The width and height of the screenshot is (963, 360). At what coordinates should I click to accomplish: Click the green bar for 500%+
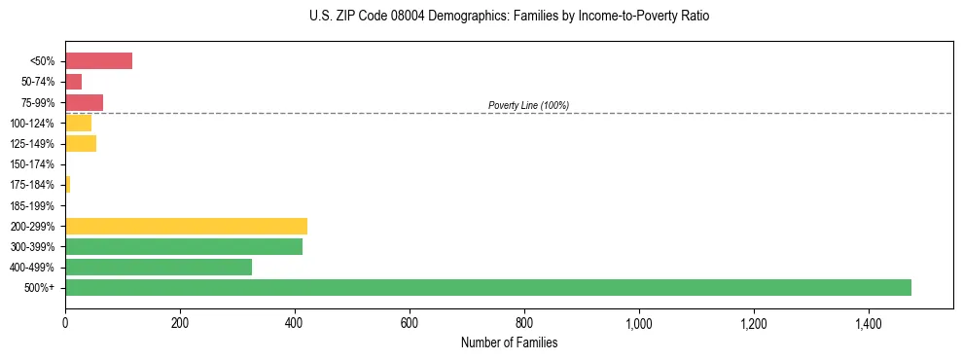tap(487, 287)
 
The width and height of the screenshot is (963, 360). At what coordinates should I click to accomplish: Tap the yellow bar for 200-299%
tap(186, 226)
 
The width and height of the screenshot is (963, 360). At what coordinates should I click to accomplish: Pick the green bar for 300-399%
tap(184, 246)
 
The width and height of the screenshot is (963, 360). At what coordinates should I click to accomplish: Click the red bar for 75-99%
tap(84, 102)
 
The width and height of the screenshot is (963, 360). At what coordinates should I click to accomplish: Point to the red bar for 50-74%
tap(73, 82)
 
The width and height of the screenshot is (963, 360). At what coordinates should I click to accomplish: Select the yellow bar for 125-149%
tap(81, 144)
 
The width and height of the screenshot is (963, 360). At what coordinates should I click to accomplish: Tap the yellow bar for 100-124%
tap(78, 124)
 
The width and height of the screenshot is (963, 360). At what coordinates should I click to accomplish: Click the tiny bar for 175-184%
tap(67, 185)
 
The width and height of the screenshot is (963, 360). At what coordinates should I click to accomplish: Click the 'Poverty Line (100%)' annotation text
tap(528, 105)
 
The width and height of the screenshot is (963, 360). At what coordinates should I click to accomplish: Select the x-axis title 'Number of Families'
tap(509, 343)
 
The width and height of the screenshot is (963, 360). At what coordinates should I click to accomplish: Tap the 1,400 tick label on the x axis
tap(869, 324)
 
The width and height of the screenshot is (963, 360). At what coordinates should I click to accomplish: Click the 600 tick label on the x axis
tap(410, 324)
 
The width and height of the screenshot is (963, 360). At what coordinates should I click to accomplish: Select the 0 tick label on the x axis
tap(65, 324)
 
